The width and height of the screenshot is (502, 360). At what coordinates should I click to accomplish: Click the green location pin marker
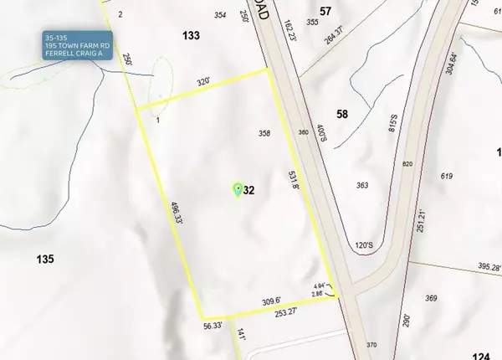click(237, 190)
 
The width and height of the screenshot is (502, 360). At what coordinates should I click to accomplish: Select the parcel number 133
click(191, 35)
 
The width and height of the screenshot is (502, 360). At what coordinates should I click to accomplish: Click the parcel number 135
click(45, 259)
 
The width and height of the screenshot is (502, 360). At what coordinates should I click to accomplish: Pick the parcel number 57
click(326, 10)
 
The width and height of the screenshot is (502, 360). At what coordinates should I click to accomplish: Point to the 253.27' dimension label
click(287, 313)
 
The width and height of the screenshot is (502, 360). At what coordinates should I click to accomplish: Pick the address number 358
click(264, 134)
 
